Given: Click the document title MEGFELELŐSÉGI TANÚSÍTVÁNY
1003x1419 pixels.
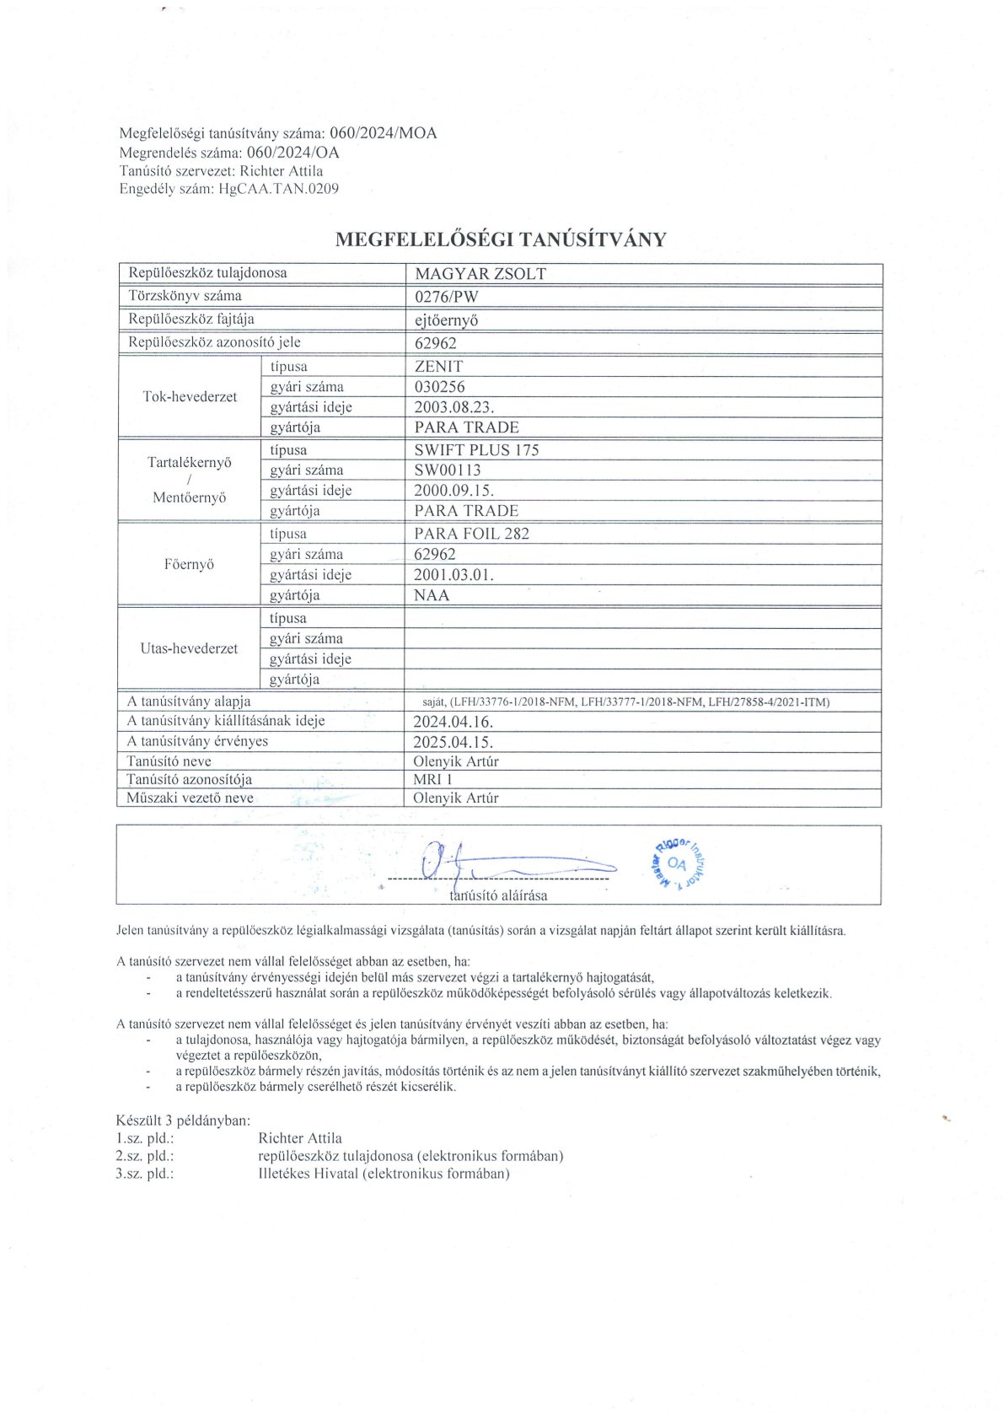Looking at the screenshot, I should pos(501,239).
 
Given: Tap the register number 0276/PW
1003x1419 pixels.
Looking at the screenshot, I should pos(446,297).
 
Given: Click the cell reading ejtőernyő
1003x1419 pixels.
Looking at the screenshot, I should pos(447,320).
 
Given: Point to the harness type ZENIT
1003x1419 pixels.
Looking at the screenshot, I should pos(438,367).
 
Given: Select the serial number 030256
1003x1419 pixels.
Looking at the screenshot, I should pos(439,387).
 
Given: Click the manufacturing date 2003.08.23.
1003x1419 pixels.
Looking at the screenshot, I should pos(453,407).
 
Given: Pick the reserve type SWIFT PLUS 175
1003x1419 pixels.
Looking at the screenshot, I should pos(476,450).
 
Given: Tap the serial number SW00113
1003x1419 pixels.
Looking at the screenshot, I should pos(448,470).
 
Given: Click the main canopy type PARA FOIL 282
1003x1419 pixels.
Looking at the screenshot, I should pos(472,534).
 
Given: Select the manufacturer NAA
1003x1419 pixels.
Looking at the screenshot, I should pos(432,595).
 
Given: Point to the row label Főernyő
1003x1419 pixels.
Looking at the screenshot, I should pos(189,564).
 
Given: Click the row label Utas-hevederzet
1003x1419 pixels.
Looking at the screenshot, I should pos(189,648).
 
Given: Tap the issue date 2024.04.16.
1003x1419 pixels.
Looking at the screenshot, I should pos(453,722).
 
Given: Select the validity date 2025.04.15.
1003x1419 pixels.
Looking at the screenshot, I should pos(453,742).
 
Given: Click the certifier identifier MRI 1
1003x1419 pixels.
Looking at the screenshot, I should pos(432,780).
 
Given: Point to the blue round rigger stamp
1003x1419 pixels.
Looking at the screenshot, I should pos(677,863).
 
